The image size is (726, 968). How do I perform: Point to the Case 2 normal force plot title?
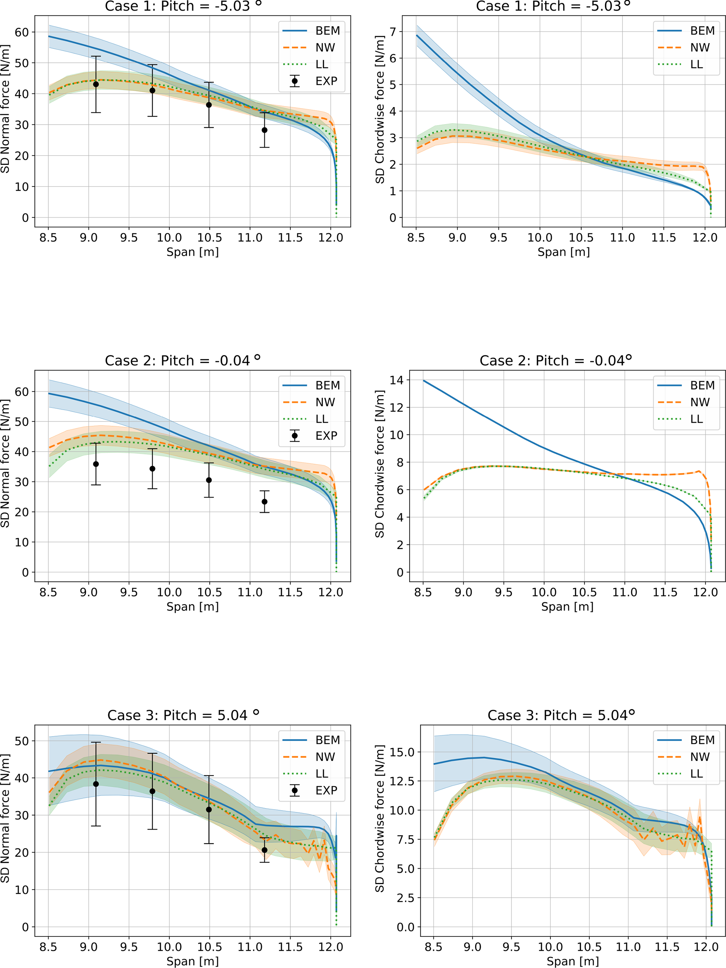click(182, 360)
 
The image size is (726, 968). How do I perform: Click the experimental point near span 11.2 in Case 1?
click(264, 130)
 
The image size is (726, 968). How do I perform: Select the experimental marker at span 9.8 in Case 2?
click(152, 469)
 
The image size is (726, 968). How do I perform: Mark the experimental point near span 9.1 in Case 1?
click(96, 84)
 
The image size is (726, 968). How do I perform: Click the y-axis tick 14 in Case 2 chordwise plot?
click(396, 380)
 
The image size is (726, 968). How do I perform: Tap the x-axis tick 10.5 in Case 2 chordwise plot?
click(584, 592)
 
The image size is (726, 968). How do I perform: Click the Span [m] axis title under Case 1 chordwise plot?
click(563, 252)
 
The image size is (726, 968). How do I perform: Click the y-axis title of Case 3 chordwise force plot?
click(380, 818)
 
